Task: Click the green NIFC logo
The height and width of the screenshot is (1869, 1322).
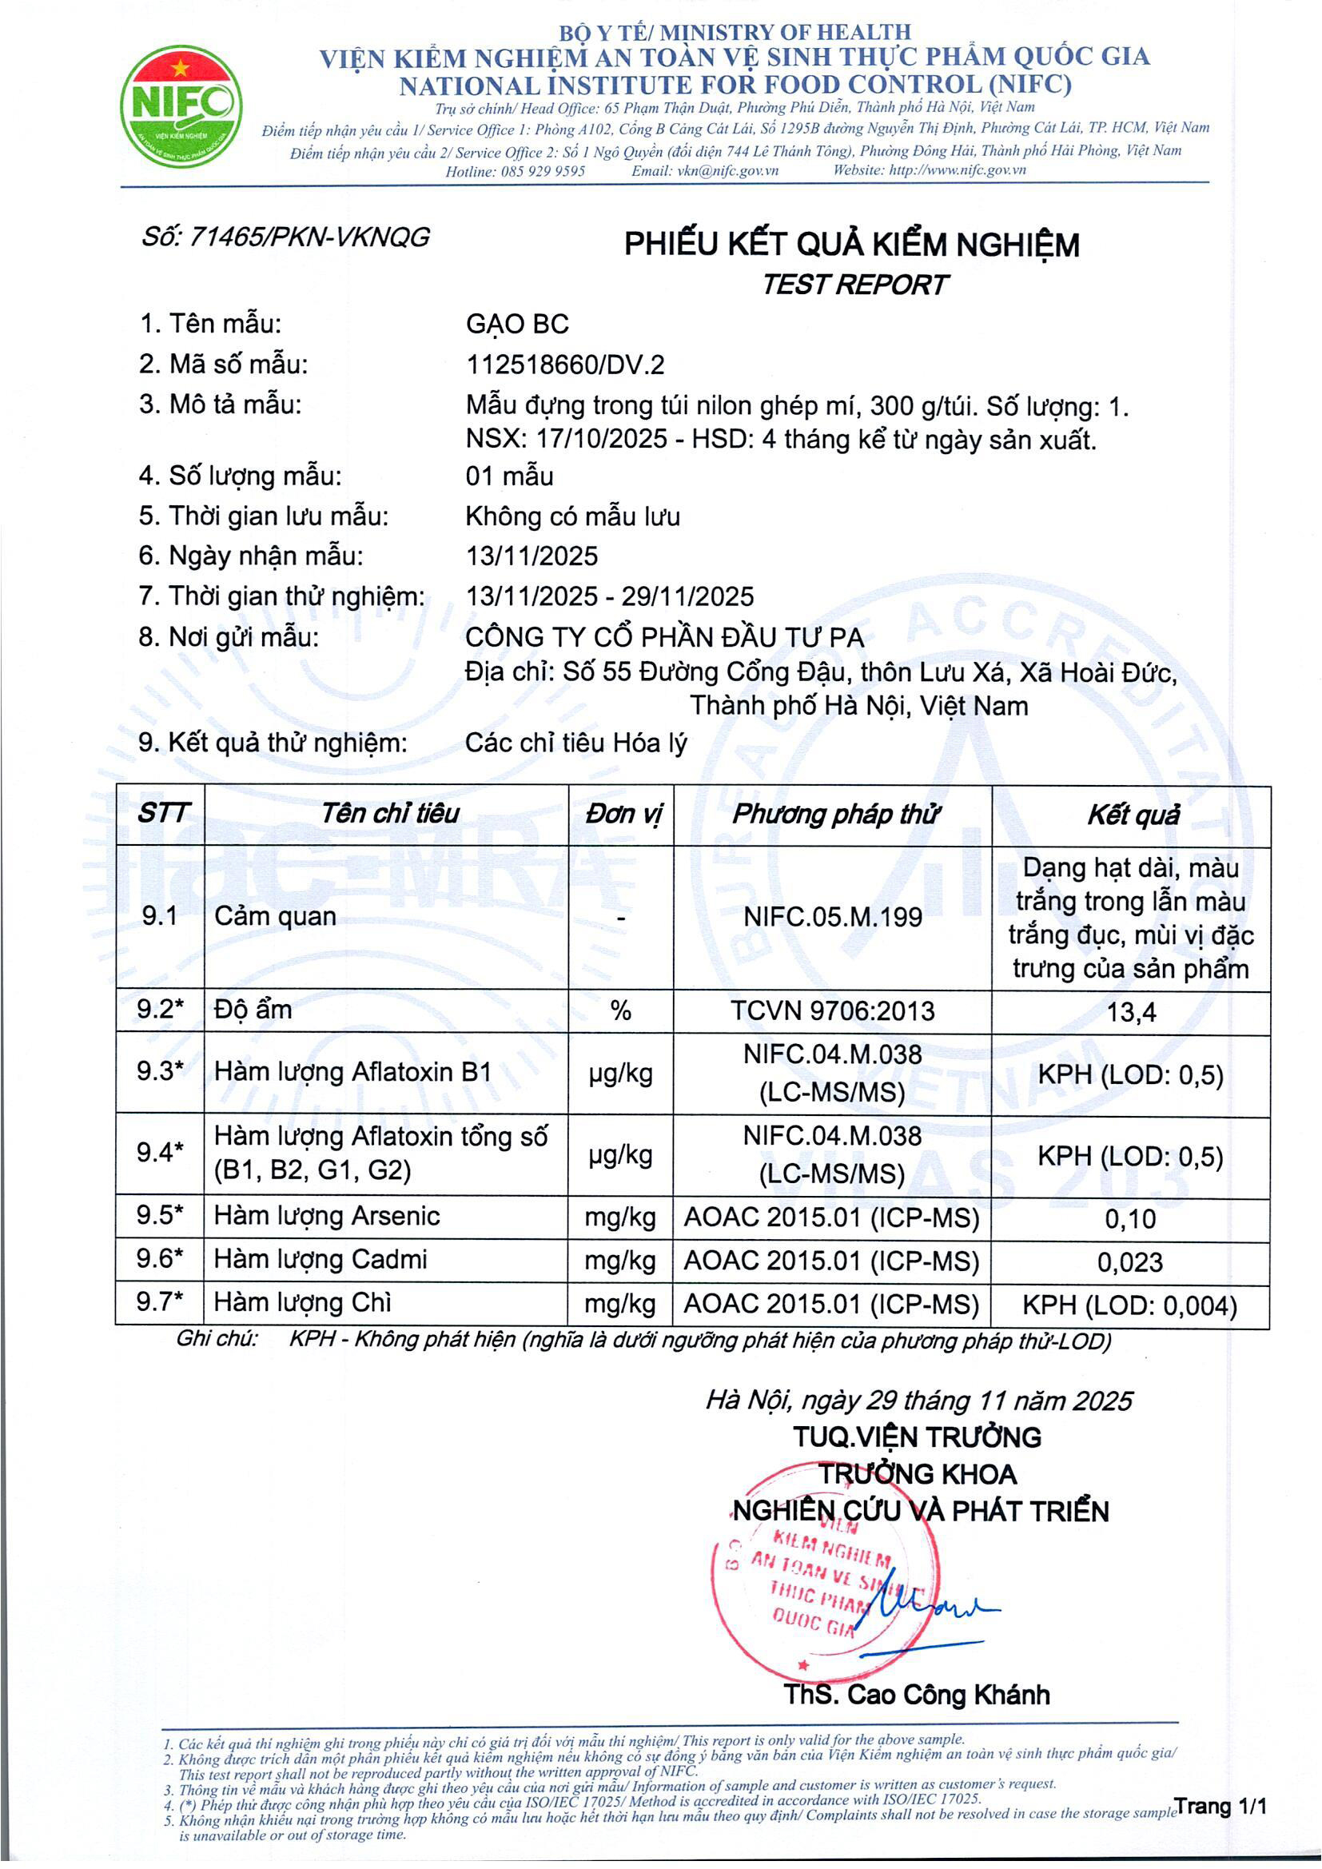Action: (181, 106)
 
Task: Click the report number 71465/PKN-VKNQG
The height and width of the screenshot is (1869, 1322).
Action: (285, 237)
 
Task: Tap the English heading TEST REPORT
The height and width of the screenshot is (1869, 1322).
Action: (854, 285)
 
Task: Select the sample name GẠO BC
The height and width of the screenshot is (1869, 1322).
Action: (517, 324)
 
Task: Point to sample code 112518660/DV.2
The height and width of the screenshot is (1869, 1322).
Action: (565, 364)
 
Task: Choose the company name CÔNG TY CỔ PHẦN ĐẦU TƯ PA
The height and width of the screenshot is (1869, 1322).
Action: (664, 636)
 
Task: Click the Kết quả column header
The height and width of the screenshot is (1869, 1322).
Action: (1133, 815)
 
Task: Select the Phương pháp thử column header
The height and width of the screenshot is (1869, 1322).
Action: (835, 814)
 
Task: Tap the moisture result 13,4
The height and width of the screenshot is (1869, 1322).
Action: (1132, 1013)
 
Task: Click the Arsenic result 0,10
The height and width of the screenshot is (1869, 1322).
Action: (1130, 1218)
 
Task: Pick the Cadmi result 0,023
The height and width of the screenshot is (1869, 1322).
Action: (1130, 1261)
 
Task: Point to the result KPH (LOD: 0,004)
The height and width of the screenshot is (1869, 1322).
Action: (1129, 1305)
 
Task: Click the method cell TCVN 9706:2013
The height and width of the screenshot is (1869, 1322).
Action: (832, 1011)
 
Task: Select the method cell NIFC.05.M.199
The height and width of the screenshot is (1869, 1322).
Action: (832, 918)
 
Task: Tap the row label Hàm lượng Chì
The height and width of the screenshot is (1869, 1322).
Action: (302, 1302)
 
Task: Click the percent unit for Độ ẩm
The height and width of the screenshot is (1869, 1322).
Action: (620, 1011)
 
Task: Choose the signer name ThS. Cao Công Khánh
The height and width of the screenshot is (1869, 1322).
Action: (916, 1695)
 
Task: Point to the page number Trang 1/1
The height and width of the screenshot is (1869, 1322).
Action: (1220, 1807)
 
